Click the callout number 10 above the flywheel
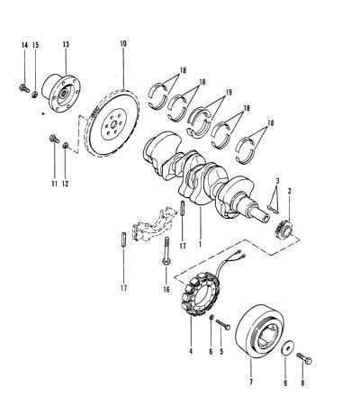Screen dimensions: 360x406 coord(123,44)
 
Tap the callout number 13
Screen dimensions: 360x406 coord(66,44)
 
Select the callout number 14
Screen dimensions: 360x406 coord(24,45)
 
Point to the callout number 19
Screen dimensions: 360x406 coord(229,92)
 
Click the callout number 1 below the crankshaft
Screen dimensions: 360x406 coord(200,244)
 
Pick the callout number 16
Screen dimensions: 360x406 coord(166,289)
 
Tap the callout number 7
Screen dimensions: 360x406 coord(251,382)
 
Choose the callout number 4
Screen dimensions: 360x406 coord(191,351)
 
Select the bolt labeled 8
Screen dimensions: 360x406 coord(304,358)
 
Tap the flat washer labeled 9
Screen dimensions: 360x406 coord(288,349)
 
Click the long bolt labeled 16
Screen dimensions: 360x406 coord(166,251)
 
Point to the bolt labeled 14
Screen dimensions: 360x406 coord(23,88)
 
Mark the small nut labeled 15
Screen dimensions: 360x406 coord(35,95)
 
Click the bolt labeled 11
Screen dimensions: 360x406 coord(54,139)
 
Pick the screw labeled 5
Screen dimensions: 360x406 coord(223,325)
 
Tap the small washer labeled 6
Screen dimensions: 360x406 coord(211,317)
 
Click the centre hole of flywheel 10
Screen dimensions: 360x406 coord(113,124)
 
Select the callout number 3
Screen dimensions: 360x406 coord(277,181)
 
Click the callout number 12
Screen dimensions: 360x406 coord(65,184)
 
